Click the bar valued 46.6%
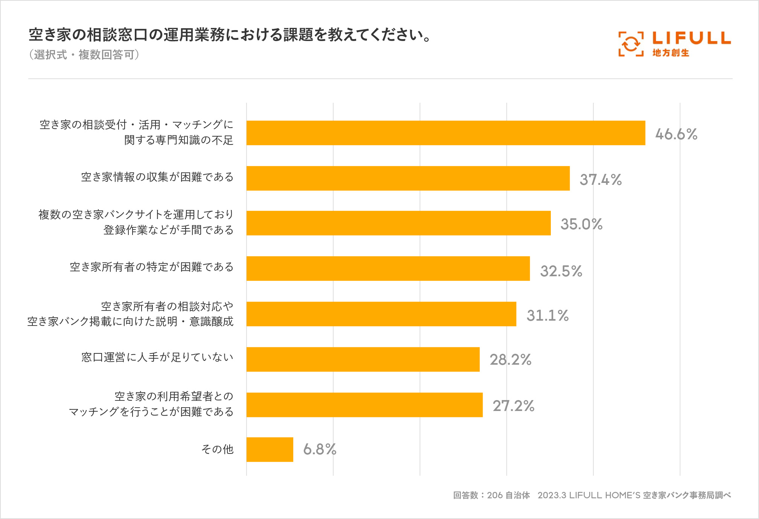(446, 133)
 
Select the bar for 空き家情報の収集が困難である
(408, 178)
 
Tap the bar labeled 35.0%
(398, 223)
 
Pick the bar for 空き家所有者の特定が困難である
(388, 268)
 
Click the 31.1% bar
(381, 314)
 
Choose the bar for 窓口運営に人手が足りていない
(363, 359)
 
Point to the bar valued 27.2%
(364, 405)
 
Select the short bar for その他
(270, 449)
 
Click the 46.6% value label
(676, 134)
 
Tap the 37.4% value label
(600, 180)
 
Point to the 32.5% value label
(561, 271)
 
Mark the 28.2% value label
(511, 360)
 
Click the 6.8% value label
(320, 449)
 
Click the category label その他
(218, 449)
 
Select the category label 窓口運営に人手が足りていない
(157, 357)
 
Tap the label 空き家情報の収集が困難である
(157, 177)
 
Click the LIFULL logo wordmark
(691, 38)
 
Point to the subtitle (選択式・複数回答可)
(84, 55)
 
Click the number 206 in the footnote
(495, 495)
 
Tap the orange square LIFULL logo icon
(631, 44)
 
